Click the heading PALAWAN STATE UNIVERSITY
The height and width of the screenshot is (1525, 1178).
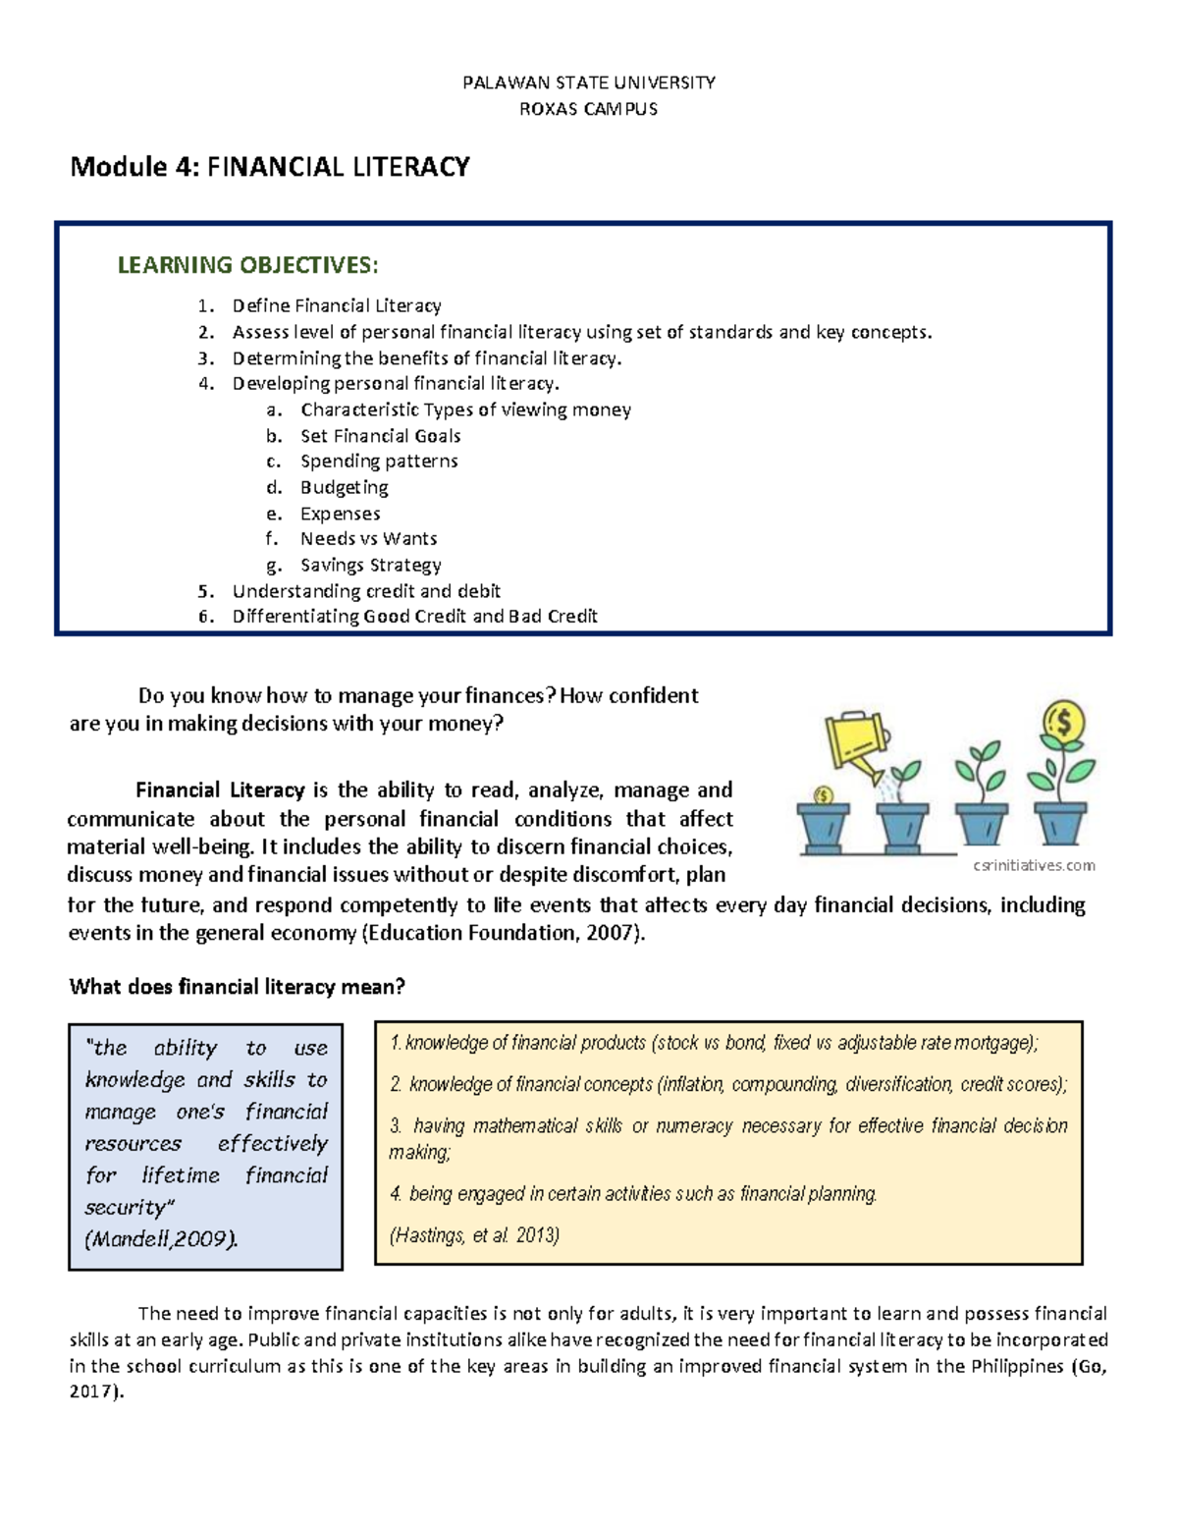(x=588, y=82)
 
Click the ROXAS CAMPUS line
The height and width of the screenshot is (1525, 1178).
(x=588, y=109)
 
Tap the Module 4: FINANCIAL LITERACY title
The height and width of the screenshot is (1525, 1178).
(x=270, y=167)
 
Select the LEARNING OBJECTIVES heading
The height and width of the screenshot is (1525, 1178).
(x=247, y=265)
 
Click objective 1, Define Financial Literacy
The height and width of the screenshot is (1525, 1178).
(x=336, y=306)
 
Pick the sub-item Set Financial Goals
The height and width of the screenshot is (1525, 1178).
(x=380, y=436)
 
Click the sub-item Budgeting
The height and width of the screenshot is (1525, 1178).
(x=344, y=487)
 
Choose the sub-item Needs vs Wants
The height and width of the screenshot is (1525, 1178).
(x=368, y=539)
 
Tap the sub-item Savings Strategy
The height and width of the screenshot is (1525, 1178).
(x=370, y=565)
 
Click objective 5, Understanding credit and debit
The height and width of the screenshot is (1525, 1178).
(x=365, y=591)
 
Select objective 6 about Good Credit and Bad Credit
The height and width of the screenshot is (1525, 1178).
(x=414, y=617)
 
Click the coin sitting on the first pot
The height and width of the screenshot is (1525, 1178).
(x=824, y=794)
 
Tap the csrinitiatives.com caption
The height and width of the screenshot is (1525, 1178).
(x=1033, y=865)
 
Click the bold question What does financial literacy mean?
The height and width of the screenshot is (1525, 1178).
(x=237, y=987)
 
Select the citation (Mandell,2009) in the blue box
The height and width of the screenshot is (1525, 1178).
(x=162, y=1239)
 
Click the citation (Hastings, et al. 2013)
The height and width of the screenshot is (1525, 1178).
(x=474, y=1235)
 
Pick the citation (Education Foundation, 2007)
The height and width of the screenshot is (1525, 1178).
(x=504, y=933)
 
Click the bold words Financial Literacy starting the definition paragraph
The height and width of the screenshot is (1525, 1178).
(x=220, y=790)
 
